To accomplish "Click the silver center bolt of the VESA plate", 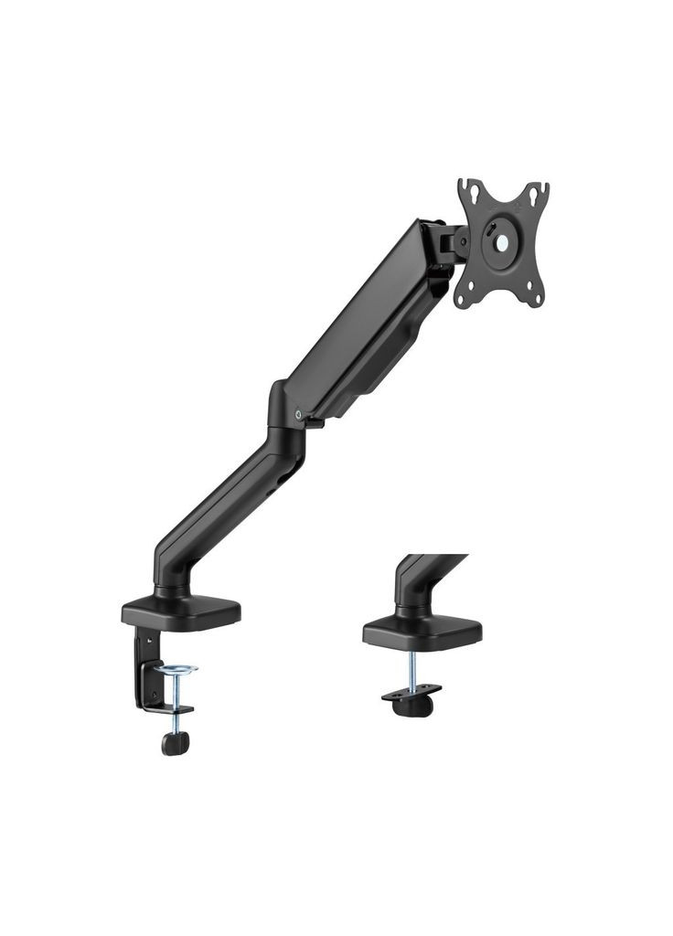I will point(502,244).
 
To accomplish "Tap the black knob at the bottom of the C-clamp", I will point(176,742).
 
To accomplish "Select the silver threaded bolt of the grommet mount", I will point(412,667).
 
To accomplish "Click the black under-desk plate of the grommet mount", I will point(411,691).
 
